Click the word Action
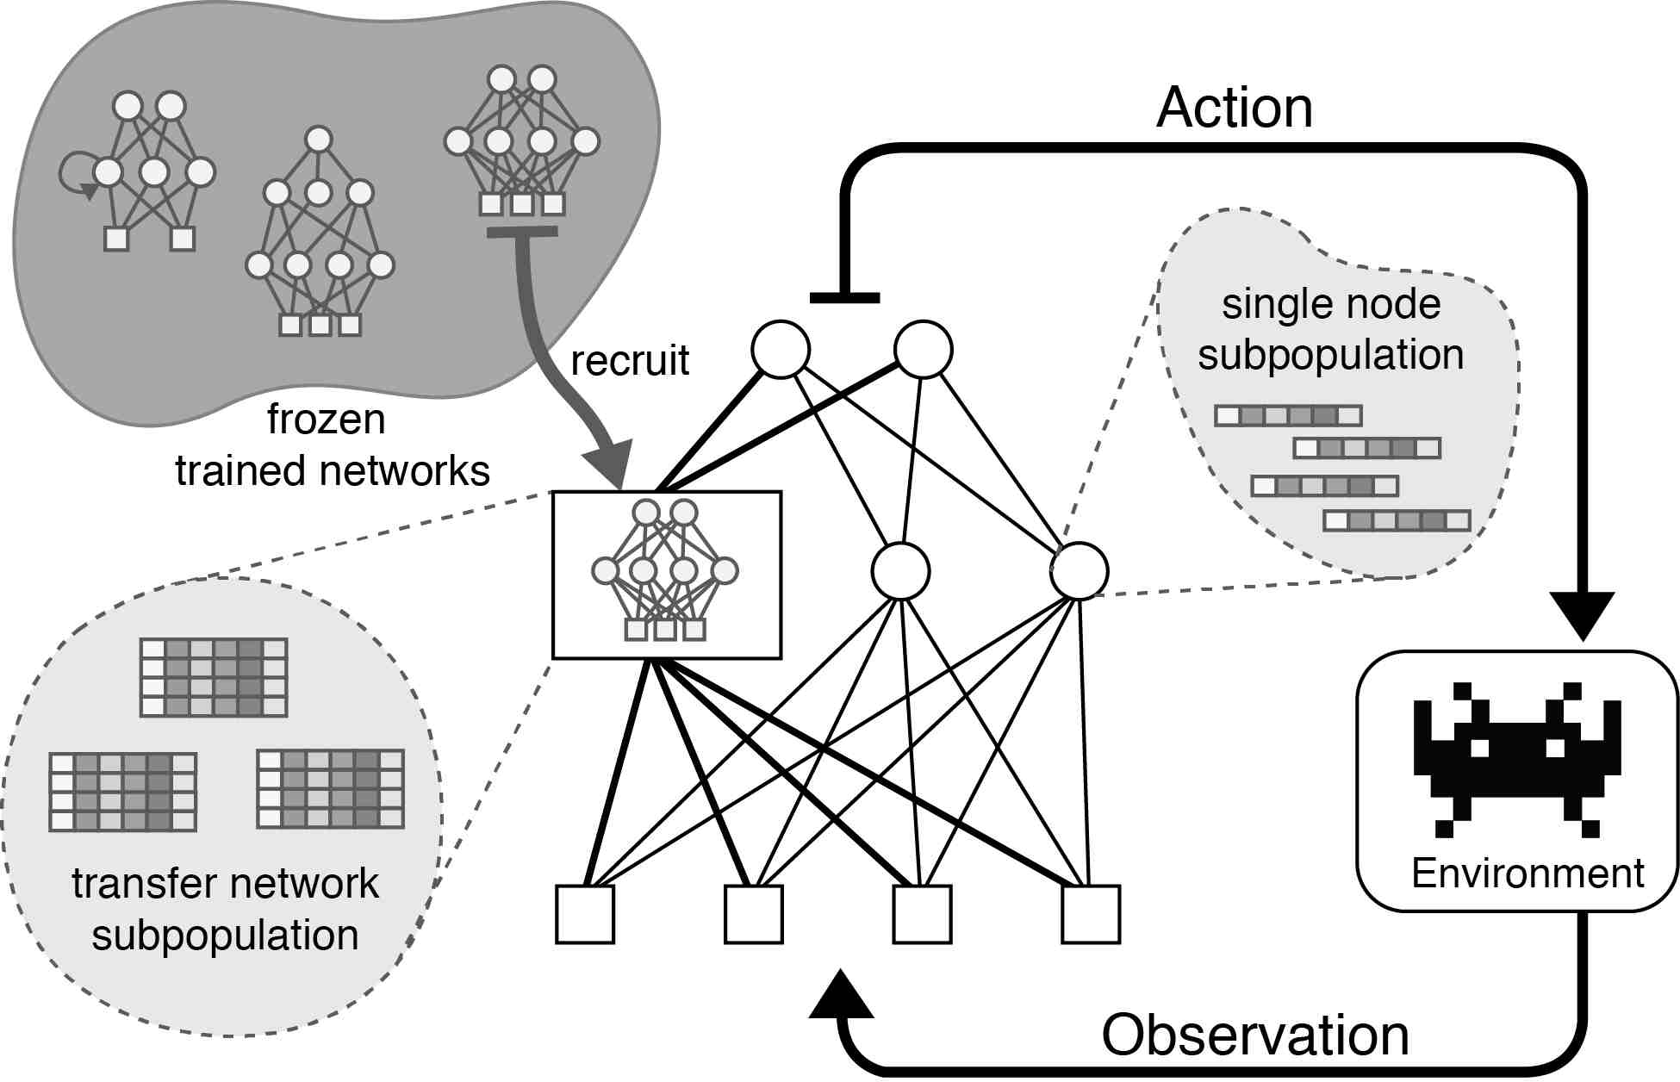tap(1235, 109)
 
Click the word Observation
tap(1255, 1035)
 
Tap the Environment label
tap(1528, 874)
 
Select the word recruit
tap(630, 360)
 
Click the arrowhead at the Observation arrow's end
tap(842, 994)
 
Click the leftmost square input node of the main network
tap(585, 914)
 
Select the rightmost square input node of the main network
tap(1091, 914)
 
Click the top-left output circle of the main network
tap(781, 350)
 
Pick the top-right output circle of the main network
tap(924, 350)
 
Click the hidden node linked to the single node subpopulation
tap(1080, 570)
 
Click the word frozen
tap(326, 420)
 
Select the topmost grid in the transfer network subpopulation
tap(214, 678)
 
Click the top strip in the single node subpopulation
tap(1288, 416)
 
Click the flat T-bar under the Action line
tap(844, 298)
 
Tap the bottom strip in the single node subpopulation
tap(1397, 520)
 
